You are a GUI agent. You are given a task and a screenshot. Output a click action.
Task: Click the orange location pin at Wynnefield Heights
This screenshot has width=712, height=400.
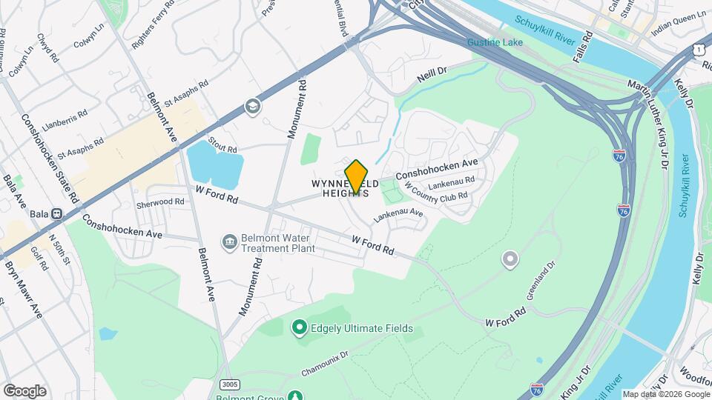357,176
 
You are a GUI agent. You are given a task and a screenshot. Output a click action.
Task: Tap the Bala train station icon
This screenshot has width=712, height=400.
56,214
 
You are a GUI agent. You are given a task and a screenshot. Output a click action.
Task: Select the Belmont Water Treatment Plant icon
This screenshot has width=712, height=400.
230,242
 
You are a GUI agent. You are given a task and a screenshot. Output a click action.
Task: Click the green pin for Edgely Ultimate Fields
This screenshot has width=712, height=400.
299,327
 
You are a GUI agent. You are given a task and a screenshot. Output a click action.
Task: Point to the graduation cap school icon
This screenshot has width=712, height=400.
254,107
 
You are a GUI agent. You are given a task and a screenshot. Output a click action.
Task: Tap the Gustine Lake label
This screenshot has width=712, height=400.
495,42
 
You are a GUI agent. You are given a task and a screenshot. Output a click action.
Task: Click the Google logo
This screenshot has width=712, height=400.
24,390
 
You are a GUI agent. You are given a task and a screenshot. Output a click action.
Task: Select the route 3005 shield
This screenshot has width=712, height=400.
230,383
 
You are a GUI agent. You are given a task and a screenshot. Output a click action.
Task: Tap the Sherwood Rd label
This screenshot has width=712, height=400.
159,201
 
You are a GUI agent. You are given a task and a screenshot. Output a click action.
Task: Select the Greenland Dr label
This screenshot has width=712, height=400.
541,279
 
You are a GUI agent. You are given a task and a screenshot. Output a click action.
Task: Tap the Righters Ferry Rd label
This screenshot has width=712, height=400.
153,23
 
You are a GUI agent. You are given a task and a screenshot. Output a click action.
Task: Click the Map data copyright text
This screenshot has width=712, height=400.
665,394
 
